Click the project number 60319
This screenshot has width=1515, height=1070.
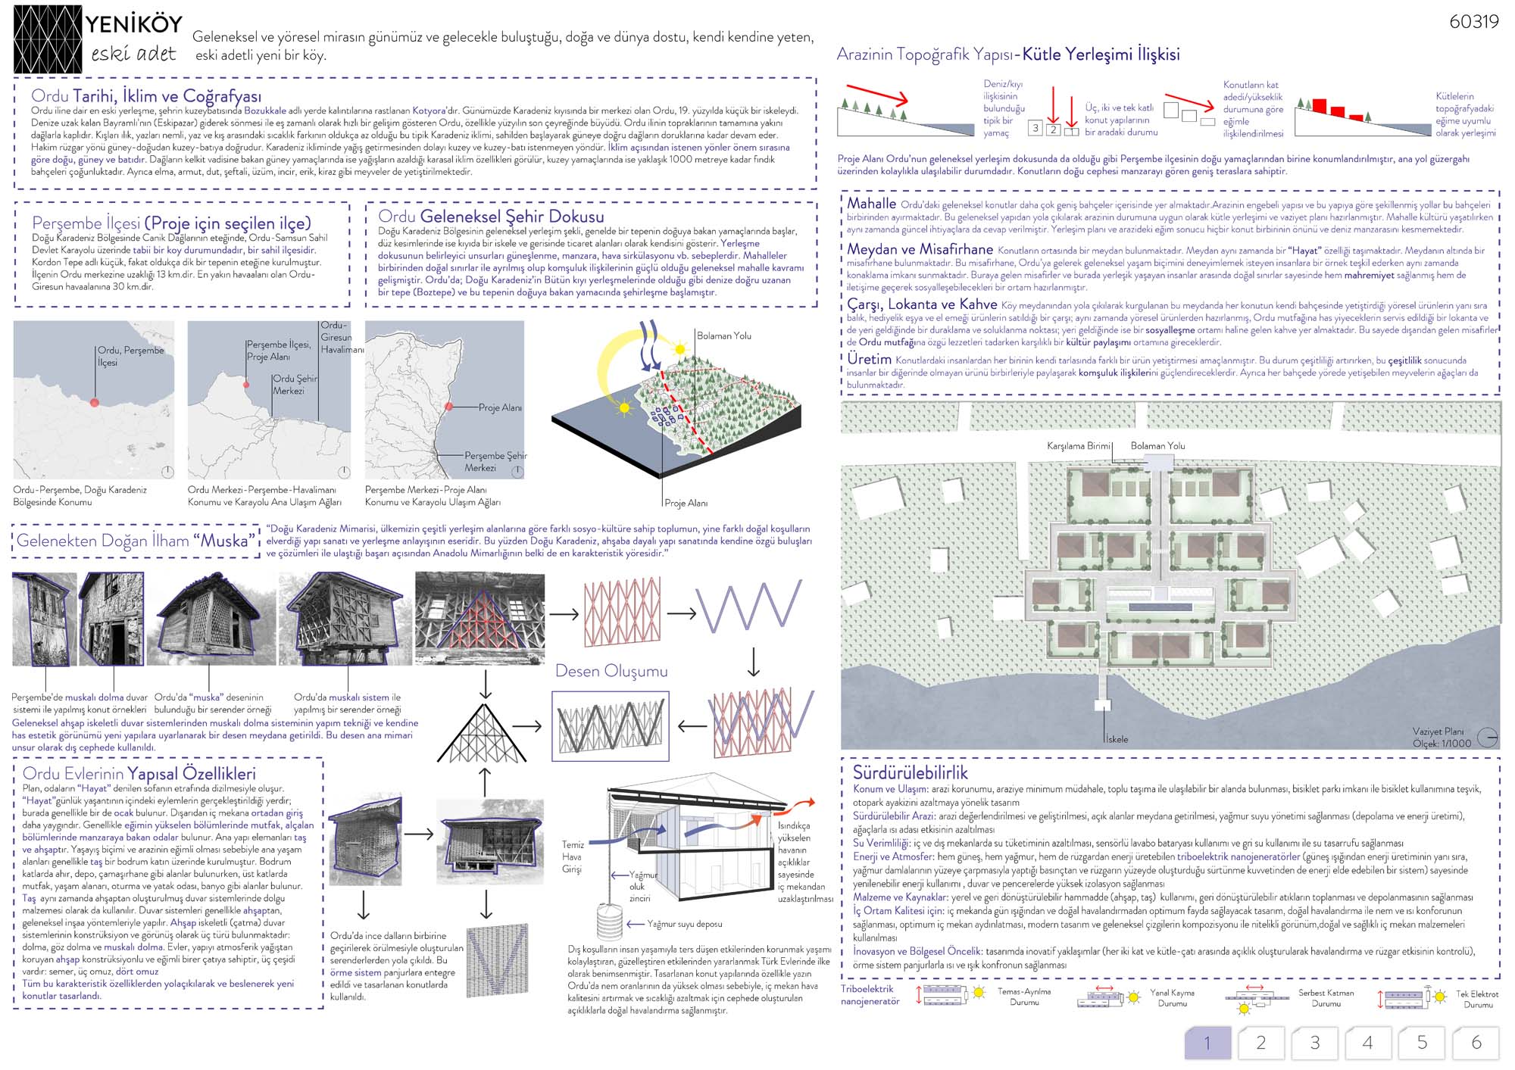[x=1473, y=22]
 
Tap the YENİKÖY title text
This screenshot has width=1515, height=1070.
[x=133, y=24]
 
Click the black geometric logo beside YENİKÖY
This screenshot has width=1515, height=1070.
[x=48, y=39]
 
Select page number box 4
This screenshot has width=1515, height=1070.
[x=1367, y=1043]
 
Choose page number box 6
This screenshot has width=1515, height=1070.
[x=1476, y=1043]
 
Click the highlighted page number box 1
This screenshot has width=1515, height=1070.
[x=1207, y=1043]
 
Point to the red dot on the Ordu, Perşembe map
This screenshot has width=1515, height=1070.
[x=94, y=402]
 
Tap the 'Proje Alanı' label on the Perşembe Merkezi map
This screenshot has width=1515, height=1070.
[x=499, y=407]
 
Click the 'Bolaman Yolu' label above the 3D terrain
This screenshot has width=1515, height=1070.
[x=723, y=335]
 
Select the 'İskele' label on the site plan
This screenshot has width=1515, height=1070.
[x=1117, y=739]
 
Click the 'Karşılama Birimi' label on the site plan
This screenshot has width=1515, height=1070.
[x=1078, y=446]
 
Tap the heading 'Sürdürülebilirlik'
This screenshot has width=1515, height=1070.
[x=910, y=772]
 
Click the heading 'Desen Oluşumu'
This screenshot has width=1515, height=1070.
[x=611, y=671]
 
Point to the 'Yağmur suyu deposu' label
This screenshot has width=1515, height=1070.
[x=684, y=924]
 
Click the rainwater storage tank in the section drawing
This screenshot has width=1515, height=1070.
[x=610, y=922]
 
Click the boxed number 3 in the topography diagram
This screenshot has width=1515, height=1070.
[x=1035, y=128]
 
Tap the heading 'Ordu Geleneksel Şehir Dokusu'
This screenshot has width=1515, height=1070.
[x=491, y=217]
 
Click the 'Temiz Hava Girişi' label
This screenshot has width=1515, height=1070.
[x=573, y=856]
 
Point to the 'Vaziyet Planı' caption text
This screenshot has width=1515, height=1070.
[x=1438, y=732]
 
